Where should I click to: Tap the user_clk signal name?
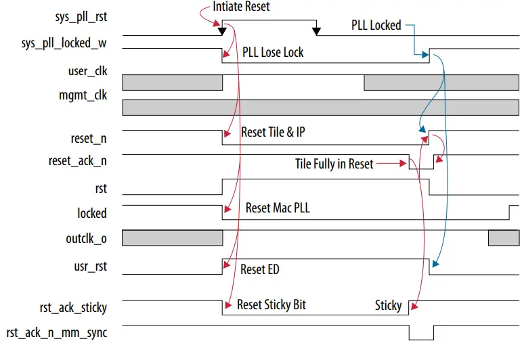[x=87, y=71]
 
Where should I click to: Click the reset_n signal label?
[x=88, y=138]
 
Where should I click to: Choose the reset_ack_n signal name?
[x=77, y=161]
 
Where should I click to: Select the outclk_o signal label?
[x=86, y=238]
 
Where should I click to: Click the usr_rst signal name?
[x=91, y=267]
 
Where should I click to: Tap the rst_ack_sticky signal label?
[x=72, y=307]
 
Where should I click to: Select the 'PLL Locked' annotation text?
[x=376, y=26]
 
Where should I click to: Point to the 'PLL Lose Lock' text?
[x=273, y=52]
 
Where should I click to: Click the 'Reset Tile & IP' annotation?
[x=273, y=132]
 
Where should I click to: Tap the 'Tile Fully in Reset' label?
[x=334, y=164]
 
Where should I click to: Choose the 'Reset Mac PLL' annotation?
[x=277, y=208]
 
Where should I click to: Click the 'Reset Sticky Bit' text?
[x=271, y=305]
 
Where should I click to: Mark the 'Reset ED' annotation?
[x=259, y=269]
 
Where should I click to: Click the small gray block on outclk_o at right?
[x=503, y=238]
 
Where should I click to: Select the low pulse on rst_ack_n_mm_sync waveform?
[x=420, y=334]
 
